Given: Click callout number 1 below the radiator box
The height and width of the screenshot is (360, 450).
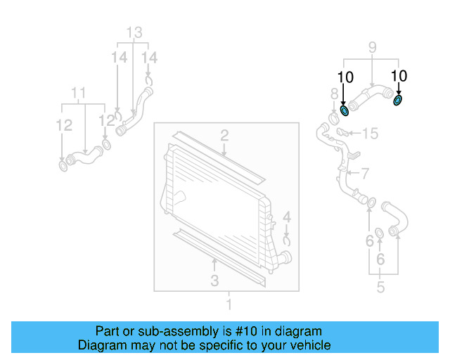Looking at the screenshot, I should tap(228, 304).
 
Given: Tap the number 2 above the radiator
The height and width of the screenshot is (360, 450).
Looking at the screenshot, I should tap(224, 135).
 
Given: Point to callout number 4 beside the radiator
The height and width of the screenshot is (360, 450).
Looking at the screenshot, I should tap(287, 217).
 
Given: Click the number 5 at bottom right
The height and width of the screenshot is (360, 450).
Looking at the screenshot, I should tap(380, 287).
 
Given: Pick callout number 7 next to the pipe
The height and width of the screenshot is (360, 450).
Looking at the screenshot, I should tap(364, 173).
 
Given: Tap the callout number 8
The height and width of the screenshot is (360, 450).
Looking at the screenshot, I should tap(334, 94).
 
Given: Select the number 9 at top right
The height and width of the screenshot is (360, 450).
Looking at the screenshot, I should tap(372, 48).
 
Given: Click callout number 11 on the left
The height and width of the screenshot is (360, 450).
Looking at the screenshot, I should tap(79, 92).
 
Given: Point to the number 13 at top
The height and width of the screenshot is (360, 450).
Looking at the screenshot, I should tap(134, 32).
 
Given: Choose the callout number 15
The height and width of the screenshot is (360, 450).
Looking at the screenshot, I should tap(370, 133).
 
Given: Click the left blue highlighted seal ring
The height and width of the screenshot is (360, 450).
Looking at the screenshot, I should tap(344, 110).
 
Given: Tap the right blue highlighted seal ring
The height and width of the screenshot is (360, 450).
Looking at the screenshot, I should tap(398, 100).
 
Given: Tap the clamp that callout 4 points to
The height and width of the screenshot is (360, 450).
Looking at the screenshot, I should tap(287, 240).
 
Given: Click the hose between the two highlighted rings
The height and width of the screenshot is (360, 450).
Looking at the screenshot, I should tap(370, 96).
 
